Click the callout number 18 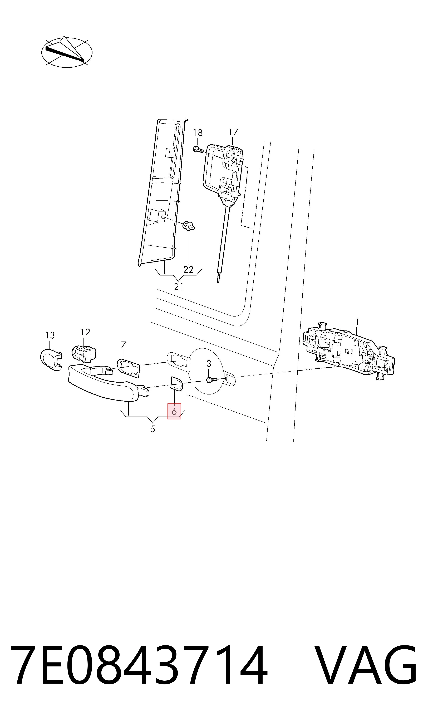[198, 133]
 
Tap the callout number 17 [233, 132]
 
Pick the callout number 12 [85, 332]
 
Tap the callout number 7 [124, 345]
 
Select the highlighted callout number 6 [174, 411]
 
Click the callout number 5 [153, 429]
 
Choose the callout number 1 [357, 322]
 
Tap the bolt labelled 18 [198, 149]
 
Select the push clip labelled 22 [189, 225]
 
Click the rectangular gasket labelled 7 [129, 368]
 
